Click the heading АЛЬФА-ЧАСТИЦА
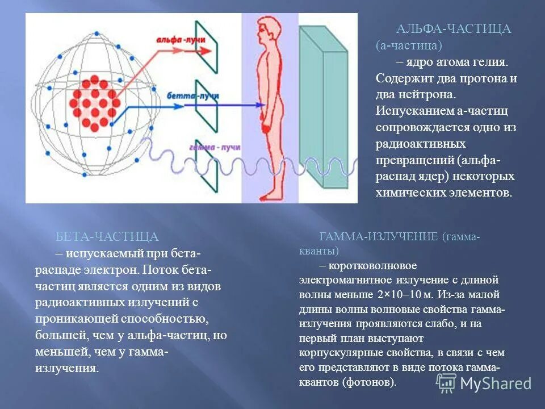(x=454, y=29)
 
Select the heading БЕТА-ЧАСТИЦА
(x=107, y=236)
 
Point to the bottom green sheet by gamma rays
(x=206, y=165)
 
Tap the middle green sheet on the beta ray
(x=206, y=106)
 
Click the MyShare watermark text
(x=495, y=383)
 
